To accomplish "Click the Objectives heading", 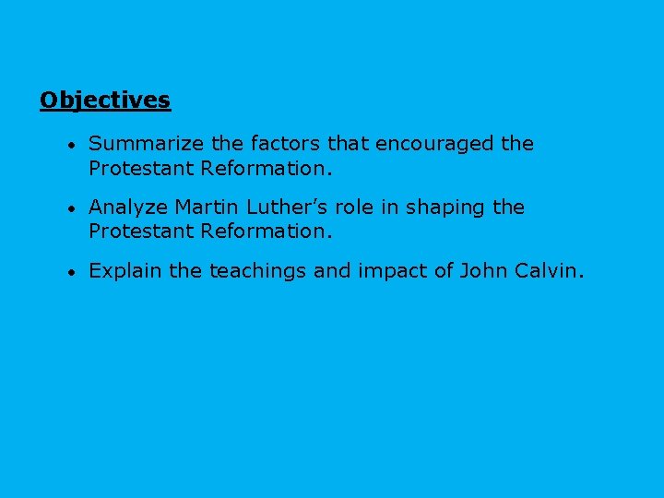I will point(105,100).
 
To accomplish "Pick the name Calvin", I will point(551,271).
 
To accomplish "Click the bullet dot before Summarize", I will point(70,145).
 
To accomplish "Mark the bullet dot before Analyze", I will point(70,208).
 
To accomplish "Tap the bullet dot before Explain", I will point(70,272).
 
